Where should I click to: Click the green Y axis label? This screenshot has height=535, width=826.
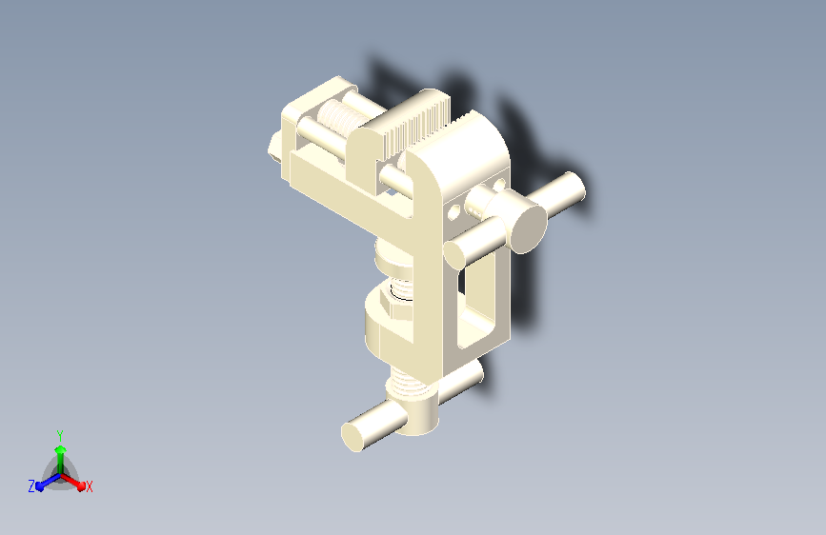60,433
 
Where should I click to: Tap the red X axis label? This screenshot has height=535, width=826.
89,486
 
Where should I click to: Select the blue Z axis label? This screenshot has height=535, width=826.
31,486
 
